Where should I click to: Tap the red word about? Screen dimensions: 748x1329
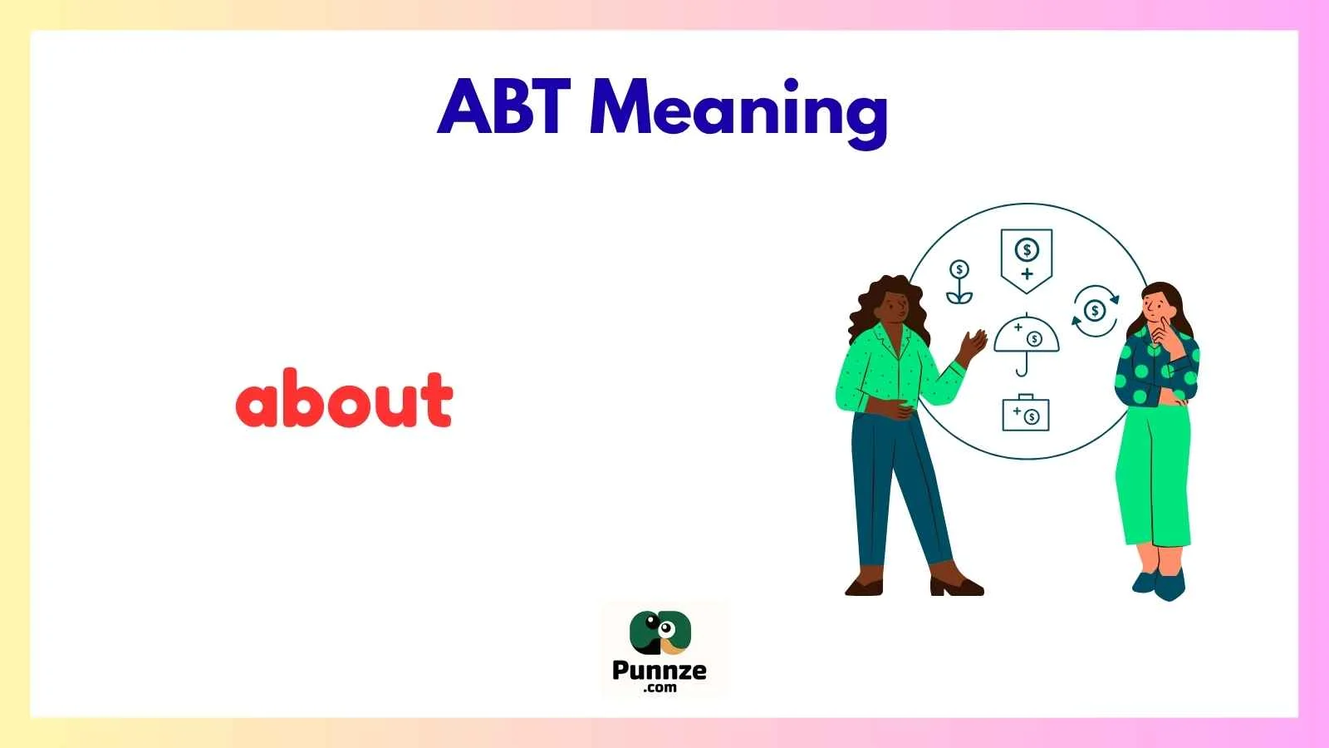coord(344,399)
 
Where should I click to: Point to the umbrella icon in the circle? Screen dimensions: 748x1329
coord(1026,341)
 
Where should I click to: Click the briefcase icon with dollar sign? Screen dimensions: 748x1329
coord(1026,413)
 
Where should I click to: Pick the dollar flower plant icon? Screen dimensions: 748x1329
coord(959,283)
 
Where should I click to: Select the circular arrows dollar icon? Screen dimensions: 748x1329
coord(1095,311)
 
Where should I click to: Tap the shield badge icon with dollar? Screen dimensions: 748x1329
coord(1027,258)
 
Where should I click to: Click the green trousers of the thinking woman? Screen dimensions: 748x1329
coord(1155,474)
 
